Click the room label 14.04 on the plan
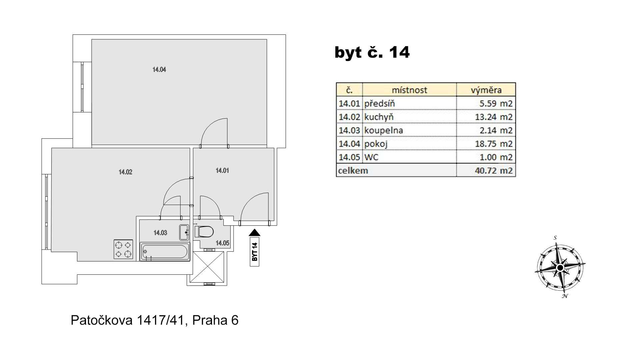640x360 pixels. [x=159, y=70]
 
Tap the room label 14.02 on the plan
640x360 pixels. [x=125, y=172]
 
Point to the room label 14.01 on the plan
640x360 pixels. [x=222, y=171]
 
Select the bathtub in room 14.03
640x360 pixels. [x=165, y=252]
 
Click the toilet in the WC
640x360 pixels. [x=204, y=232]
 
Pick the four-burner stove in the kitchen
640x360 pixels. [x=123, y=249]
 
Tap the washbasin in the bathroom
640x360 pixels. [x=184, y=232]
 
